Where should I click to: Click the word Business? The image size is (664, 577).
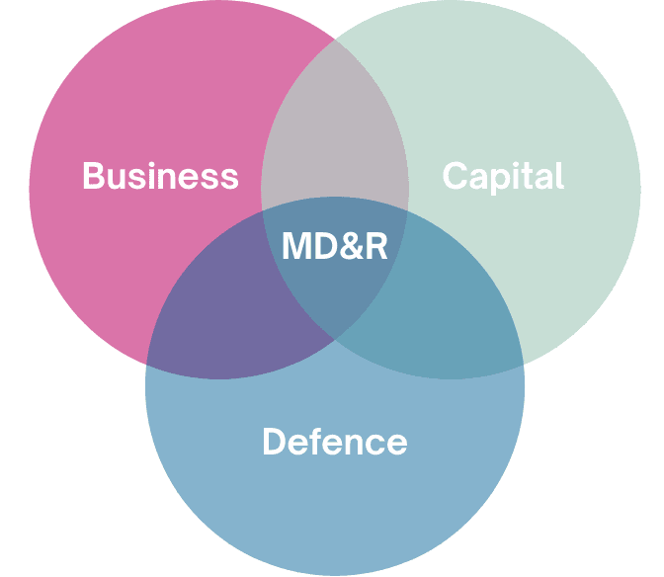click(x=160, y=176)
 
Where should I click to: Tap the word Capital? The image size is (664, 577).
click(x=503, y=176)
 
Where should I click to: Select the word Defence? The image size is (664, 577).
click(x=334, y=441)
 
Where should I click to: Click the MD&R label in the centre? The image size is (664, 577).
click(x=334, y=246)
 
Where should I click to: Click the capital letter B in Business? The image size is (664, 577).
click(x=94, y=176)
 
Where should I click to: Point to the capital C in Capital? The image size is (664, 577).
click(x=455, y=176)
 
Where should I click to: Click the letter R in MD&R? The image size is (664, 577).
click(x=376, y=246)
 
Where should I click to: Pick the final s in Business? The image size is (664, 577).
click(x=230, y=178)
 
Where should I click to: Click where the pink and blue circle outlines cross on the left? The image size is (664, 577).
click(x=147, y=364)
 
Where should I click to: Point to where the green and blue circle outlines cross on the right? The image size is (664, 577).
click(x=523, y=364)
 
